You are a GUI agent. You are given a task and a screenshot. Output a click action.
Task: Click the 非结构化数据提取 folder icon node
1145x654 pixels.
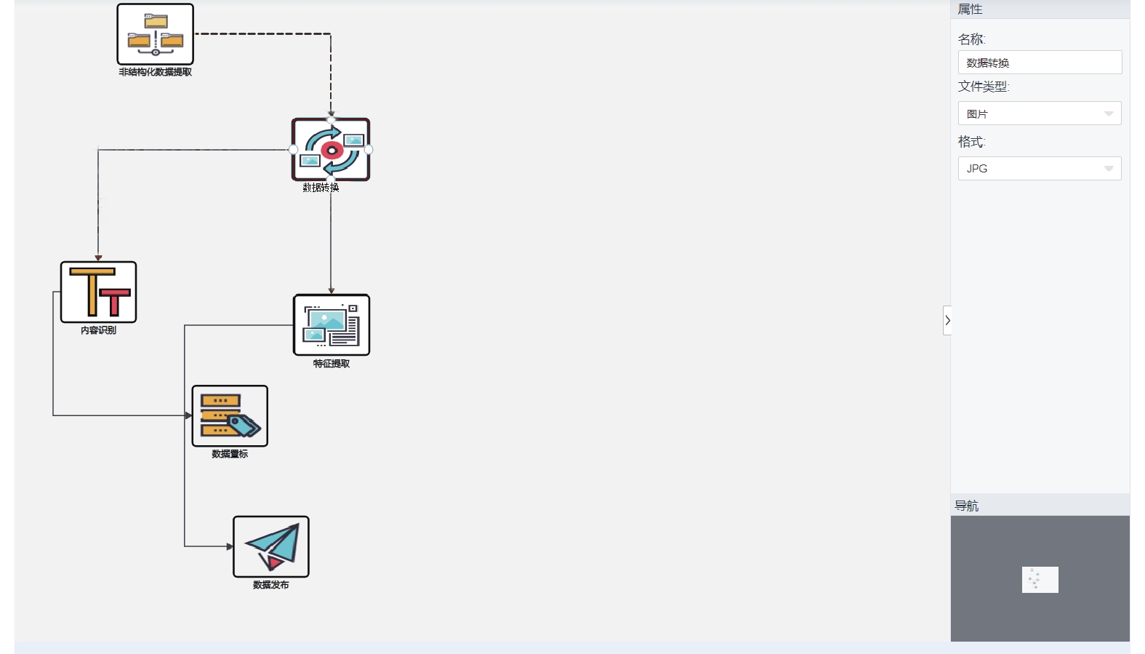click(156, 33)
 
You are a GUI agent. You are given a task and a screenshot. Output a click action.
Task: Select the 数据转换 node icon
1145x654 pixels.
click(331, 149)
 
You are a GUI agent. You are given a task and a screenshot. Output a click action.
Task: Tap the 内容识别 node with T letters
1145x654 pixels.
click(99, 292)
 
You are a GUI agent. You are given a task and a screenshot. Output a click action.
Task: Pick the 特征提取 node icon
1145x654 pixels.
click(332, 324)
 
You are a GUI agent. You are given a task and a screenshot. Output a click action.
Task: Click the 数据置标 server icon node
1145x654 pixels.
click(230, 415)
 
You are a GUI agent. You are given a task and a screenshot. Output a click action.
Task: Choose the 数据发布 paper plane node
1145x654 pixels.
click(271, 546)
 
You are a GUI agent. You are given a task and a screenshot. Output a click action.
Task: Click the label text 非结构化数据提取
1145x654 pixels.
click(156, 72)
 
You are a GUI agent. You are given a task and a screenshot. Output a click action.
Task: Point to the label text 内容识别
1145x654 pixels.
click(99, 330)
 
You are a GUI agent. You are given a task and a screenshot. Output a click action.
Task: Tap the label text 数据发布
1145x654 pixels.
click(271, 584)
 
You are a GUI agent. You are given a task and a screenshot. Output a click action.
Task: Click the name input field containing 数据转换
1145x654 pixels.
click(1040, 63)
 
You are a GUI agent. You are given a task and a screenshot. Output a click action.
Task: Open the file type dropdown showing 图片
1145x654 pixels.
click(1040, 113)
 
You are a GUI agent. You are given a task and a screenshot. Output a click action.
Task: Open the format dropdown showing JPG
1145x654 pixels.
click(1040, 168)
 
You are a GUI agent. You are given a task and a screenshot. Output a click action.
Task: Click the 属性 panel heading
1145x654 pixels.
click(970, 9)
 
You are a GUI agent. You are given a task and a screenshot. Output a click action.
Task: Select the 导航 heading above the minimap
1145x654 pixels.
click(967, 506)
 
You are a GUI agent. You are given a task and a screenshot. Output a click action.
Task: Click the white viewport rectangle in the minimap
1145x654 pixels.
click(1040, 580)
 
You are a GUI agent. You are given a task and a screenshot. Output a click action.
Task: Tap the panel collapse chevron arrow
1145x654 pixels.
click(947, 321)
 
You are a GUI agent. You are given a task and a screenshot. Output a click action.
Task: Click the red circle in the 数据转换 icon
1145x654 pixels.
click(332, 151)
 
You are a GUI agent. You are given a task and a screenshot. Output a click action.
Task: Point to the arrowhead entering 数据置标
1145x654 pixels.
click(188, 415)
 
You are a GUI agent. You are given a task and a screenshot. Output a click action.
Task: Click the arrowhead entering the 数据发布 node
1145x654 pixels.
click(230, 546)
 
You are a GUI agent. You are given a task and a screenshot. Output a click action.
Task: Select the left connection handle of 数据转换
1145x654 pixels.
click(293, 149)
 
